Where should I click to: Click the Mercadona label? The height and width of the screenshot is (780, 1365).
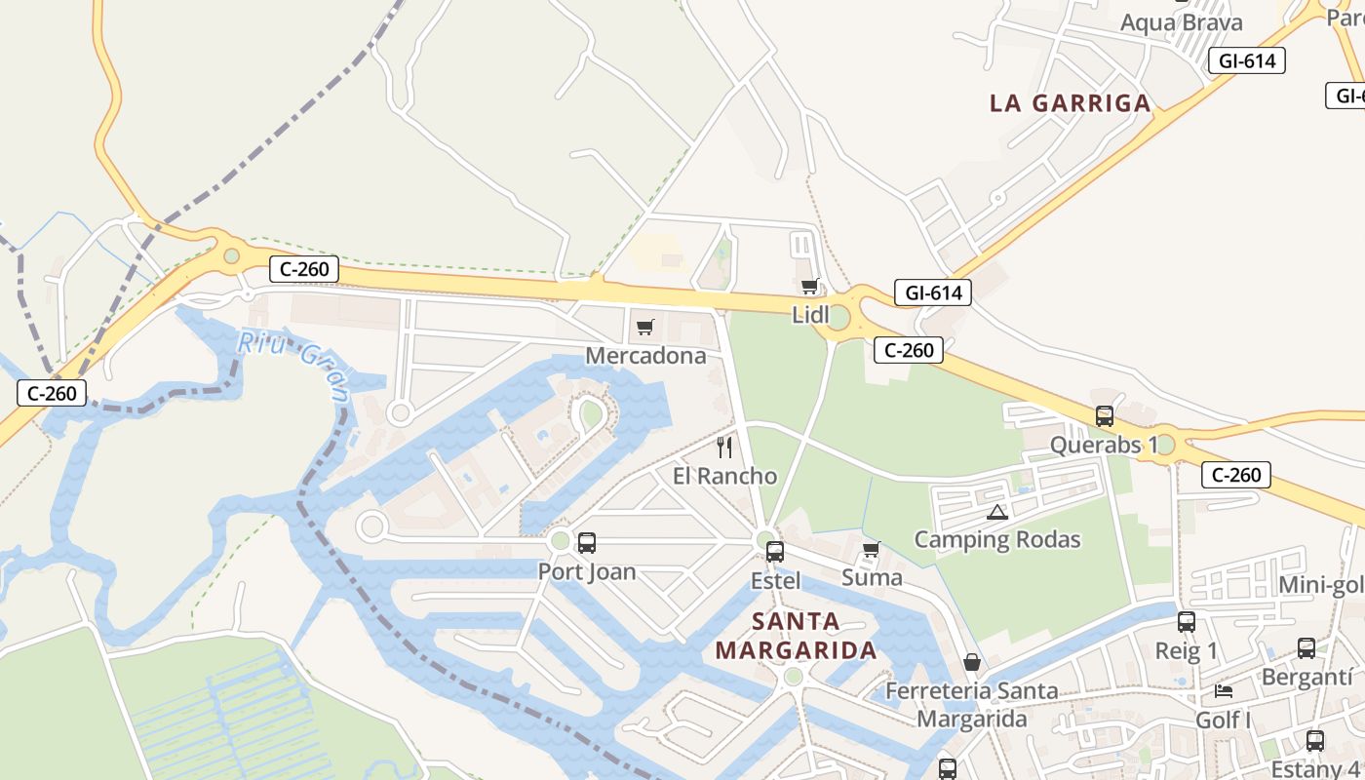(645, 356)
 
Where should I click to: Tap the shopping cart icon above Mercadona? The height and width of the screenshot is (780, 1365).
(644, 327)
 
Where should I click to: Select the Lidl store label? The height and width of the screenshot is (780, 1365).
(810, 315)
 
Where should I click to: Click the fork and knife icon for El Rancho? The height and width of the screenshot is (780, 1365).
(724, 448)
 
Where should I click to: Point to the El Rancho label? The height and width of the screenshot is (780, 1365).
(725, 476)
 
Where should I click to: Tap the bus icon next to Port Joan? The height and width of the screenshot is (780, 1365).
(587, 543)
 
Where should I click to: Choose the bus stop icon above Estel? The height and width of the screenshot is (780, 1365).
(775, 552)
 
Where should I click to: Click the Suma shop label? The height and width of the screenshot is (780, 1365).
(872, 577)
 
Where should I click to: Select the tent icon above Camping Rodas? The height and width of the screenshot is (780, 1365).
(996, 513)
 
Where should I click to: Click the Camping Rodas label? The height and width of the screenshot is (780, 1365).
(997, 539)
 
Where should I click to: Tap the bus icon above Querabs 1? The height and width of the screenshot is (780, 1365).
(1105, 416)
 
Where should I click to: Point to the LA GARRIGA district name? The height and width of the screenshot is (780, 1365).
(1071, 103)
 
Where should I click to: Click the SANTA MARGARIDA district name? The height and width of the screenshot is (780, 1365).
(797, 636)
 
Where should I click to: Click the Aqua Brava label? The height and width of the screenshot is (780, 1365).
(1182, 22)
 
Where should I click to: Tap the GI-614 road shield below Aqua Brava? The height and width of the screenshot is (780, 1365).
(1247, 60)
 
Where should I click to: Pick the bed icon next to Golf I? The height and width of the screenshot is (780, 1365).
(1224, 691)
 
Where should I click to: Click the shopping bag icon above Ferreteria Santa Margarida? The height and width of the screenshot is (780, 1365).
(972, 663)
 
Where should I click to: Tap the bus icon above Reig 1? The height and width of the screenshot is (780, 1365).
(1187, 622)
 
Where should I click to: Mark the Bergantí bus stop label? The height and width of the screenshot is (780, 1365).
(1307, 677)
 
